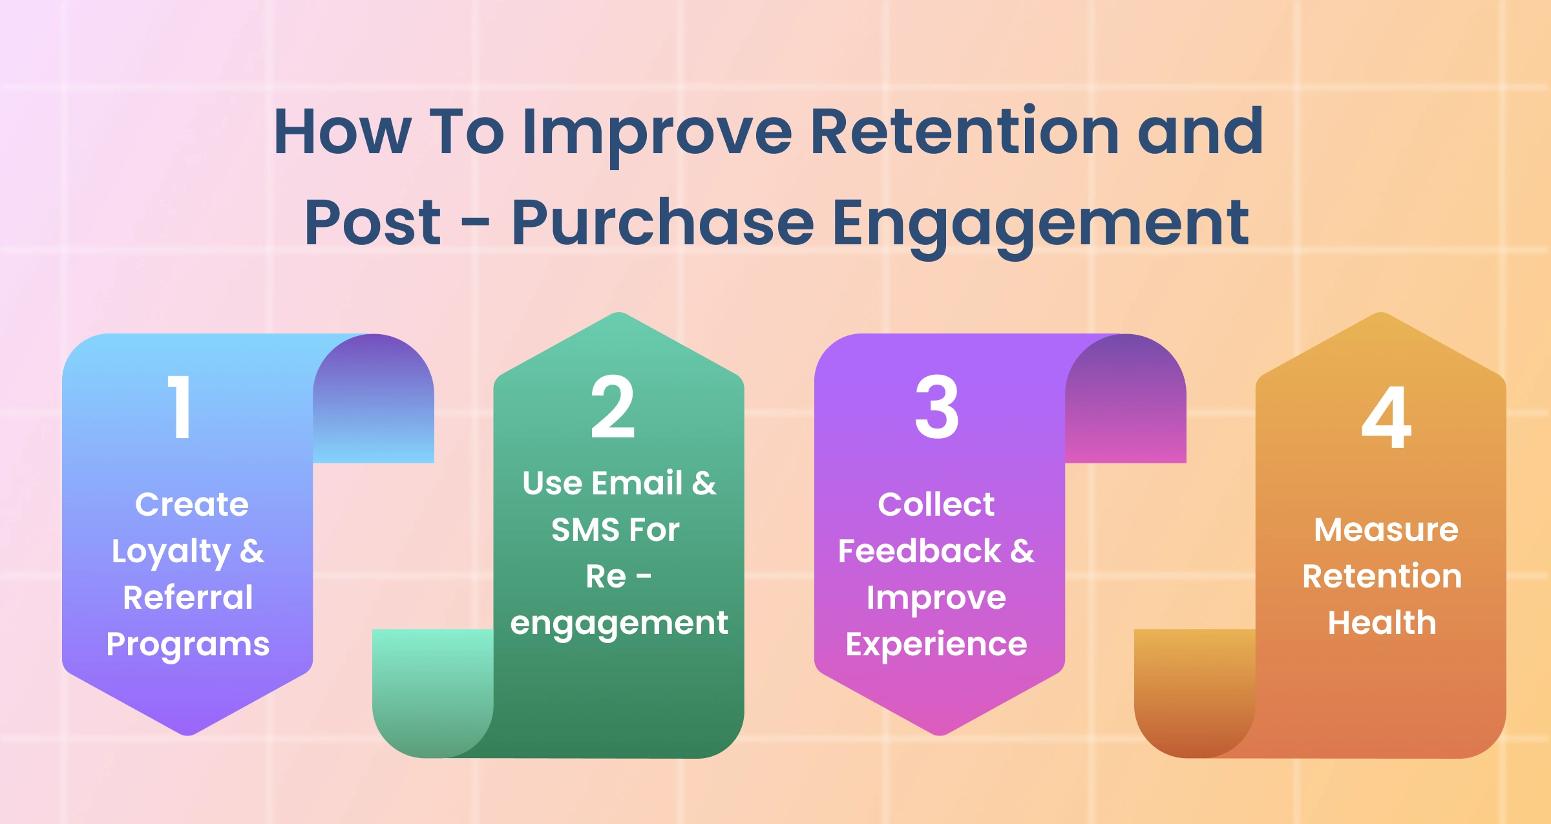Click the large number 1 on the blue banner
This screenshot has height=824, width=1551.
(180, 407)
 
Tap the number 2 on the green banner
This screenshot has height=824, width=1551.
(613, 407)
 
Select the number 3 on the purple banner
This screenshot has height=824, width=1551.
(936, 407)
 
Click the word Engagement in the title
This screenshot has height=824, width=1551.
(1040, 226)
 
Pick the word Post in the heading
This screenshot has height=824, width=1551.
(372, 223)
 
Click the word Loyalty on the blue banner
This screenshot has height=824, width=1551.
(171, 553)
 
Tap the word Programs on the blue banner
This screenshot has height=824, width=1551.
(188, 646)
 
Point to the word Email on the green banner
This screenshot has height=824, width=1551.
(637, 483)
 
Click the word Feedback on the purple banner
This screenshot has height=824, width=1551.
(919, 551)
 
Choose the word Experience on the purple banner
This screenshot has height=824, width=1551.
(936, 645)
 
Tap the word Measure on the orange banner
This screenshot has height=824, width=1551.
(1386, 530)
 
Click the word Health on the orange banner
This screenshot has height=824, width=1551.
(1382, 622)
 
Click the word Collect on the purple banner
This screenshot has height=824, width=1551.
(936, 504)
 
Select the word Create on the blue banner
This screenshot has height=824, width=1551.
(192, 504)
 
